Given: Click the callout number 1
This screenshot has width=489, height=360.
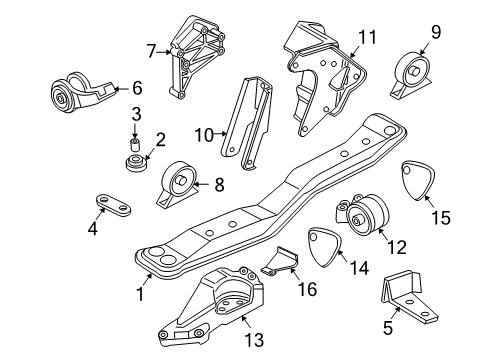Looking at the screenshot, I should [141, 295].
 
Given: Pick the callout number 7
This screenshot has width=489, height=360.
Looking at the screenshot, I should [151, 49].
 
